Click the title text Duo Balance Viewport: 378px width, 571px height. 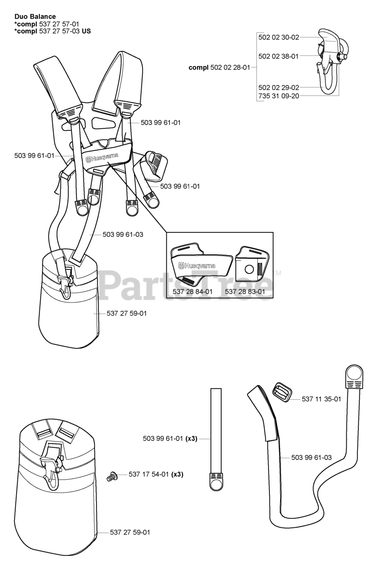35,17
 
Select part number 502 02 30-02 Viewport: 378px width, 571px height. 278,37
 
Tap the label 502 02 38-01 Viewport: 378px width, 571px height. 278,56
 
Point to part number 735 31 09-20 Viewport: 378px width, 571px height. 278,96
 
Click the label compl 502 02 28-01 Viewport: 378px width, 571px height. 220,67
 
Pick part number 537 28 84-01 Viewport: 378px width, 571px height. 193,291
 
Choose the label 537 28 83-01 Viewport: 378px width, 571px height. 245,291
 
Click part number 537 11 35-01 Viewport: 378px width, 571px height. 321,399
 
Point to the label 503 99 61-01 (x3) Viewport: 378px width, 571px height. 170,439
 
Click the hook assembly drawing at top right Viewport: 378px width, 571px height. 331,62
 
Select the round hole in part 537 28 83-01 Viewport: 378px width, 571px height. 250,268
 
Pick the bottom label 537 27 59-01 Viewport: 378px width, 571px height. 130,532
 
